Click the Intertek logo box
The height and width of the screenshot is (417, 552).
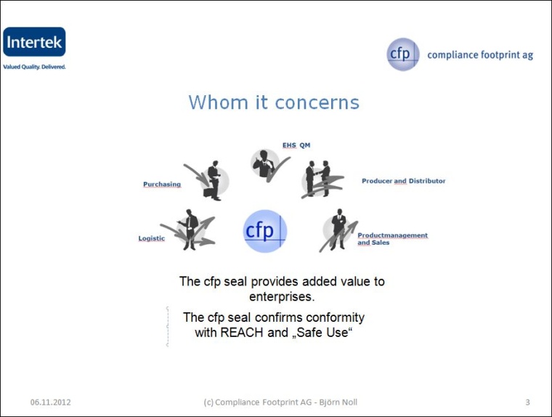pos(34,43)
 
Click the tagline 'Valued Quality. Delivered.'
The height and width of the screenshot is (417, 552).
pos(34,67)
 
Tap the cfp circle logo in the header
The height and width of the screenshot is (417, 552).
pos(402,54)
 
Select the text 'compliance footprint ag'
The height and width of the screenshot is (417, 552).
pos(479,54)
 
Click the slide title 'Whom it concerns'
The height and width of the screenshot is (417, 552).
pos(274,102)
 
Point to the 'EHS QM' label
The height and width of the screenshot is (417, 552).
pos(296,145)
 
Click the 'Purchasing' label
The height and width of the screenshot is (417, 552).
pos(162,185)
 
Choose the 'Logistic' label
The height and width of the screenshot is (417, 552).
pos(152,238)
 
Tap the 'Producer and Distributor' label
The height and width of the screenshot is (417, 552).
pos(404,181)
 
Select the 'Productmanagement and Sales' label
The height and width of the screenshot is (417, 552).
pos(392,239)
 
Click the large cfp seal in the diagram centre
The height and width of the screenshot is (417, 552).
pos(264,231)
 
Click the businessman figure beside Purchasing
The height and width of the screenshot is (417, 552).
pos(213,180)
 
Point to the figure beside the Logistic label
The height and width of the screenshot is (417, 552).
pos(190,230)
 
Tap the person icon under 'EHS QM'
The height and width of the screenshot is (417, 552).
pos(262,164)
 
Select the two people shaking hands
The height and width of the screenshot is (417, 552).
pos(317,179)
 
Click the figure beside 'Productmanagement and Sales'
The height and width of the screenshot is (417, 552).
pos(338,230)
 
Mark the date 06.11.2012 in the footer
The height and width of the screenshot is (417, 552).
pos(51,402)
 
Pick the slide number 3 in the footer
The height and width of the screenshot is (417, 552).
pos(527,402)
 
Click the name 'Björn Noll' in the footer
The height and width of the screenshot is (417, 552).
pos(338,402)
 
